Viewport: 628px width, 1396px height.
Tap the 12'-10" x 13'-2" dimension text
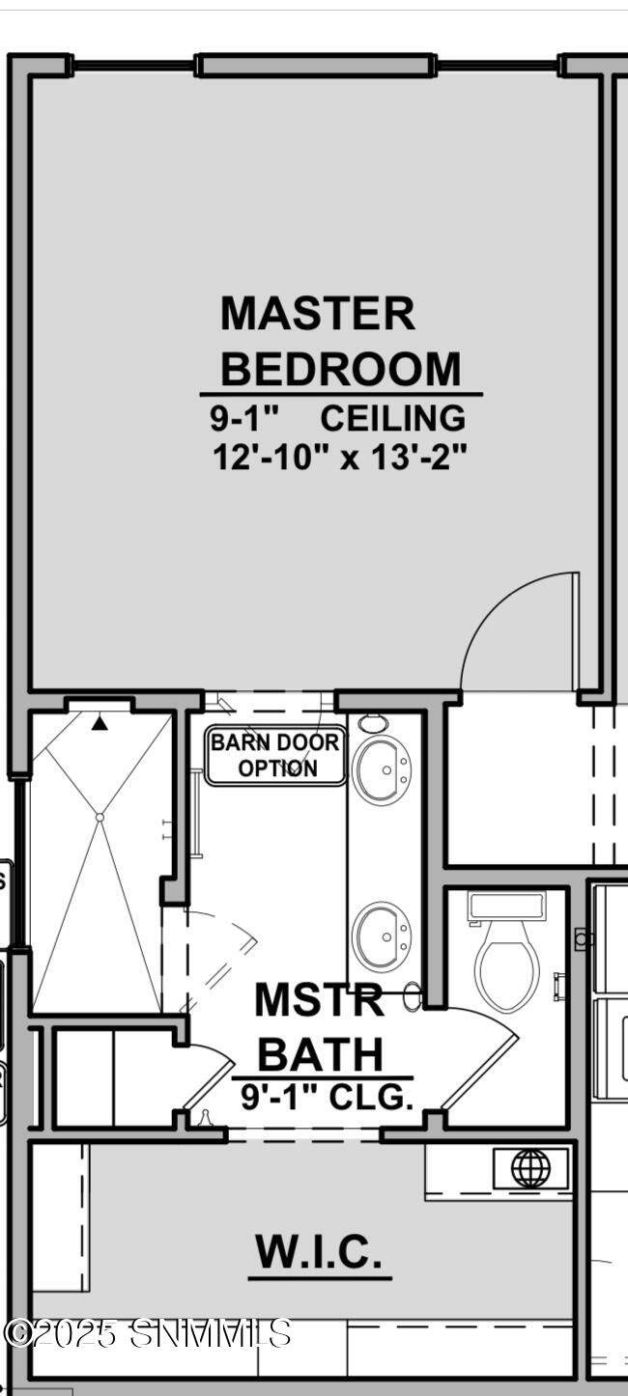340,458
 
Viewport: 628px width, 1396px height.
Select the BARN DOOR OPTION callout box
275,755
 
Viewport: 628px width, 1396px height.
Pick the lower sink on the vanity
381,936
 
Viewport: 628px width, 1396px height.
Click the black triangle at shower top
100,723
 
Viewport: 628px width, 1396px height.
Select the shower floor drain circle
100,817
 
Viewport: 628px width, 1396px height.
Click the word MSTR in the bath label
319,998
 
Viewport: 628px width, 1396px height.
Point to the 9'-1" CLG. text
327,1097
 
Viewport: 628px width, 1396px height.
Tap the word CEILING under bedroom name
393,418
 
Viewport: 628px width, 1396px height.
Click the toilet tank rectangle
507,907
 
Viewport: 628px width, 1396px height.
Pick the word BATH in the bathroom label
321,1053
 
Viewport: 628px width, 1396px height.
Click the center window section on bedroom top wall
314,66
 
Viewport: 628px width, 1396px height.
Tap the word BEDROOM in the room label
340,369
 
